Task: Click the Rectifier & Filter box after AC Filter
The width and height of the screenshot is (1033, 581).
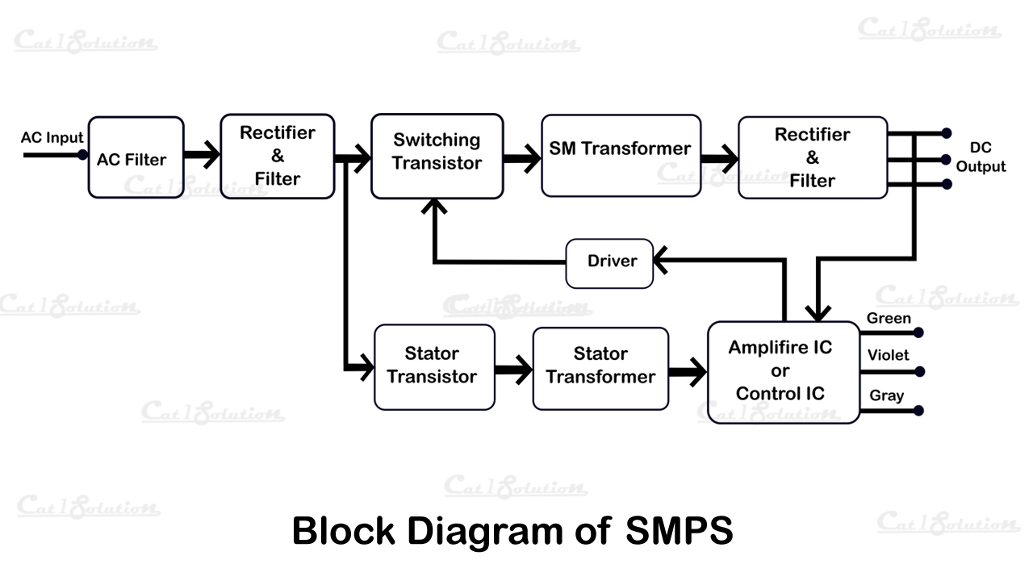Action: [x=277, y=156]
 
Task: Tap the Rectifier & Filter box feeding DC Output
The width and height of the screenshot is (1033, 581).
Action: [x=812, y=157]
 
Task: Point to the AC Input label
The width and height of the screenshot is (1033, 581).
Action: [x=52, y=138]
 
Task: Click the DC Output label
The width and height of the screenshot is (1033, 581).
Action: [x=981, y=157]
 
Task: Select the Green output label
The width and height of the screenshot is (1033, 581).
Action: [x=889, y=319]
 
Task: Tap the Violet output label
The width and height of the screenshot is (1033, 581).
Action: [x=888, y=355]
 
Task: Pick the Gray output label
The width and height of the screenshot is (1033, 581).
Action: [x=886, y=395]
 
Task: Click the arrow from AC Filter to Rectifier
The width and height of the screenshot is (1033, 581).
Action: [x=203, y=155]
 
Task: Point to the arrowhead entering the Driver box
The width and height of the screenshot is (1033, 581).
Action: [x=662, y=261]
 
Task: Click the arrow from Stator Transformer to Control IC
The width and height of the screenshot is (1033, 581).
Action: [x=688, y=372]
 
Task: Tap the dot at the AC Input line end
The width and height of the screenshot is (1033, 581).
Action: [x=82, y=154]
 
